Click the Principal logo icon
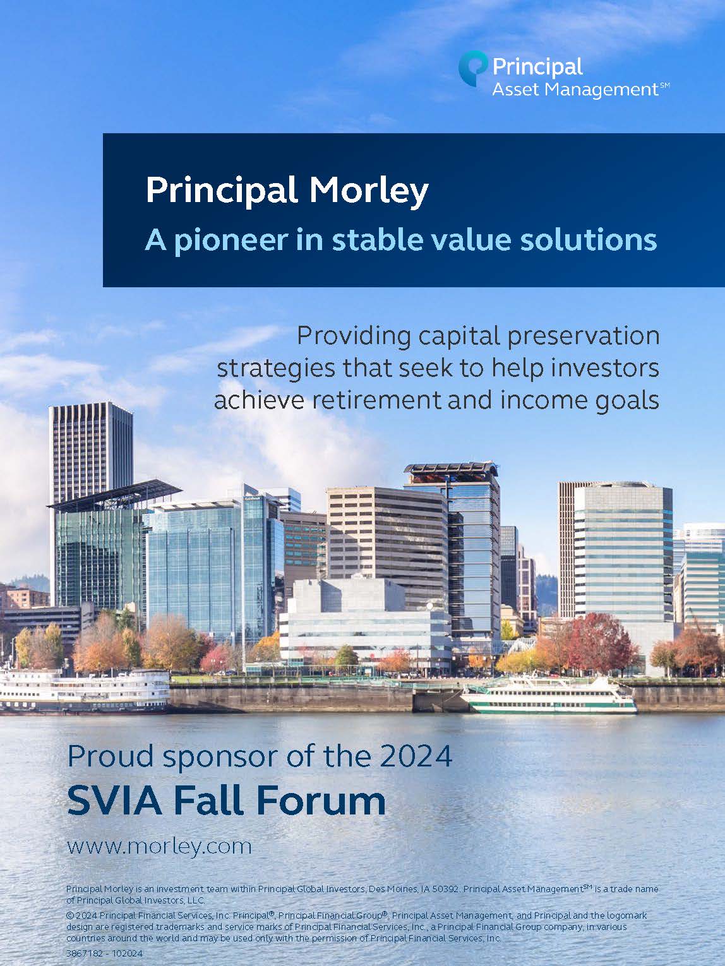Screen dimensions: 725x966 click(473, 68)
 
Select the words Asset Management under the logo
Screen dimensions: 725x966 click(575, 90)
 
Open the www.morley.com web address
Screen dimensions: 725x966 click(159, 846)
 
